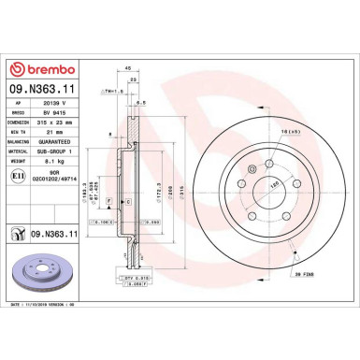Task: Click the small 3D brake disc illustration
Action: (x=35, y=264)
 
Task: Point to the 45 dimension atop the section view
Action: (x=127, y=68)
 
